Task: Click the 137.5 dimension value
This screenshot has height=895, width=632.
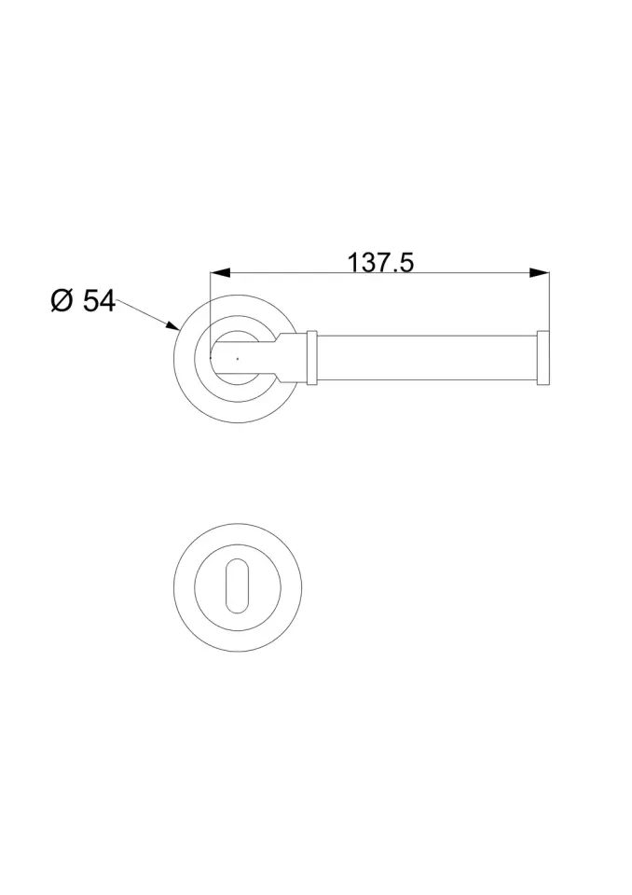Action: point(380,263)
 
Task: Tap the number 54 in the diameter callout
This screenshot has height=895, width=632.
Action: point(100,301)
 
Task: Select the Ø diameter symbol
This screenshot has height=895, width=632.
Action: point(62,301)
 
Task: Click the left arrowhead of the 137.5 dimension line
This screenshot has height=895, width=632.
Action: point(220,273)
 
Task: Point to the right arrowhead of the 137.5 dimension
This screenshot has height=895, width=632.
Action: point(540,273)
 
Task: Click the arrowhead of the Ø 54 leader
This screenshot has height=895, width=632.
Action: point(173,325)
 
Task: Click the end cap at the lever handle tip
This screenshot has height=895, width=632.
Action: point(543,358)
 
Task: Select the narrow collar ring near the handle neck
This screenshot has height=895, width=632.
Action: point(311,357)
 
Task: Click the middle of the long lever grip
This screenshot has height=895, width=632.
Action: point(427,358)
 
